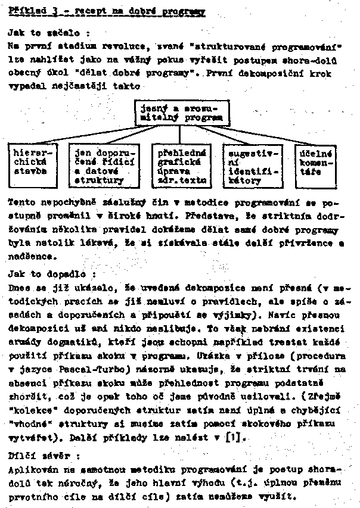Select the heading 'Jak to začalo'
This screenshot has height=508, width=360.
pyautogui.click(x=48, y=33)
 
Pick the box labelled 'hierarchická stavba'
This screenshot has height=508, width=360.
pyautogui.click(x=33, y=163)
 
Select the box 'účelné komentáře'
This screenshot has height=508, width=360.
pyautogui.click(x=316, y=163)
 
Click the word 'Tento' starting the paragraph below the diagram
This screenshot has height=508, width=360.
pyautogui.click(x=23, y=202)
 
